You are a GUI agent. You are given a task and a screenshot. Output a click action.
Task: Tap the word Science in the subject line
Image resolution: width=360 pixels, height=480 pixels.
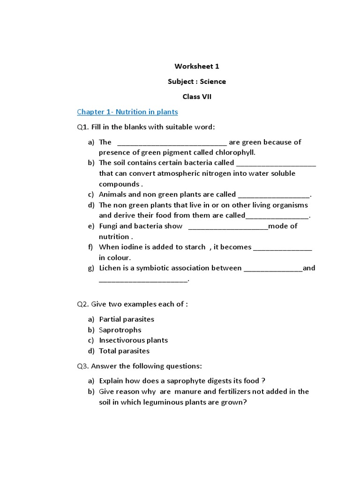pos(213,82)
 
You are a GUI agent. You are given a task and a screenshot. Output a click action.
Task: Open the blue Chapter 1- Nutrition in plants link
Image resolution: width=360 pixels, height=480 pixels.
pos(127,112)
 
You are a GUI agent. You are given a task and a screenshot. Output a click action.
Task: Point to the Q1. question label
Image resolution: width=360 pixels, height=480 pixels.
pos(83,127)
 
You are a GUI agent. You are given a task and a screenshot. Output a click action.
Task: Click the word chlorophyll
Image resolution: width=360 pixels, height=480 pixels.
pos(236,152)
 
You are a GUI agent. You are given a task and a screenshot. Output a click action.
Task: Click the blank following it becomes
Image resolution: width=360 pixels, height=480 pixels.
pos(283,247)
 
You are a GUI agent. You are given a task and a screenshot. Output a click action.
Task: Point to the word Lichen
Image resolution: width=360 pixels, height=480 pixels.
pos(110,268)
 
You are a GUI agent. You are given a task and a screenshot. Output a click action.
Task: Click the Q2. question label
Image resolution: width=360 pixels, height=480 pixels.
pos(83,304)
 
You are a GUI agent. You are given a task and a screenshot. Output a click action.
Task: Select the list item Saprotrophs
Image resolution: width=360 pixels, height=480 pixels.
pos(120,330)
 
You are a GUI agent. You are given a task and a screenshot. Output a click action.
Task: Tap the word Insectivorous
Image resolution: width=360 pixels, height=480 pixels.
pos(121,340)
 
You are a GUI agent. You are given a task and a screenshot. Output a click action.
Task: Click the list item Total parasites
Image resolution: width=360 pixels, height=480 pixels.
pos(124,351)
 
